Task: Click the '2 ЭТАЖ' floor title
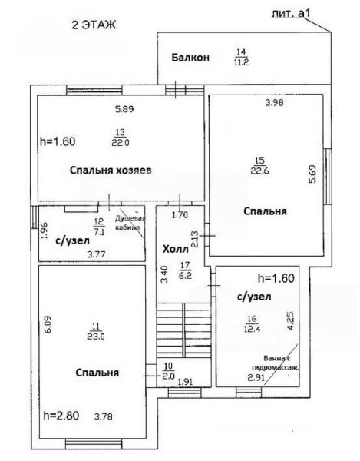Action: click(94, 25)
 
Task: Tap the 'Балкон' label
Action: click(190, 58)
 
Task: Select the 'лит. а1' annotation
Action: click(291, 13)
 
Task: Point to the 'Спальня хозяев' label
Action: click(111, 171)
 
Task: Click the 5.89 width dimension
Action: click(124, 109)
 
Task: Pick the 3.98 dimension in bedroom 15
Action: click(274, 103)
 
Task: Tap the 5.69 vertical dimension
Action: click(313, 174)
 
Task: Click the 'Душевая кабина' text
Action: click(130, 223)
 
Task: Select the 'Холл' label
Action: click(176, 249)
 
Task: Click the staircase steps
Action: click(183, 330)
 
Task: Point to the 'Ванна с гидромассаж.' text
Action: click(276, 363)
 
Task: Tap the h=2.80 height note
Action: click(61, 416)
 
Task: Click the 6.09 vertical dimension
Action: click(48, 324)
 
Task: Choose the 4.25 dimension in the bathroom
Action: click(290, 320)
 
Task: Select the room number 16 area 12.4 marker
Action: click(253, 323)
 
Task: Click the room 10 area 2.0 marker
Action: click(169, 371)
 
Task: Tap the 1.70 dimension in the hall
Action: click(180, 215)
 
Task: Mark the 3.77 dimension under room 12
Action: click(96, 254)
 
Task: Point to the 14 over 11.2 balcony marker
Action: click(241, 57)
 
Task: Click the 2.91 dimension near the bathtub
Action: click(256, 377)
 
